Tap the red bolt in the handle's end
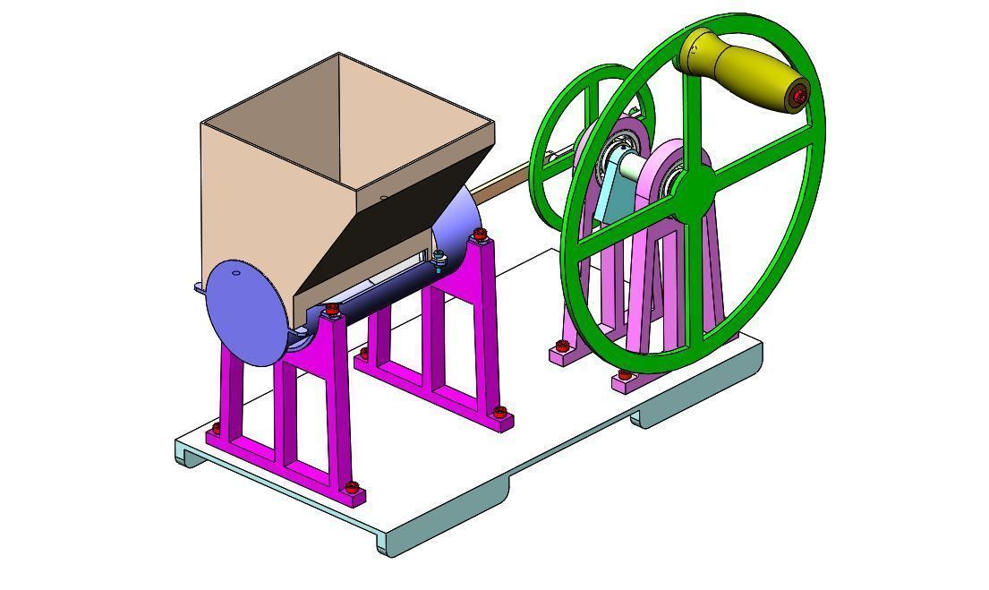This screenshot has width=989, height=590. tap(799, 93)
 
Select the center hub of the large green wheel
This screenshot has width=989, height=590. tap(693, 188)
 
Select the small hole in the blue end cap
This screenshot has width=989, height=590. tap(236, 274)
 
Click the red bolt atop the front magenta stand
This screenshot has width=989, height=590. tap(333, 310)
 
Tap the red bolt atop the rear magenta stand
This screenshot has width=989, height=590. tap(481, 236)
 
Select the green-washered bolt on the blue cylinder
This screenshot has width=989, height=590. tap(439, 258)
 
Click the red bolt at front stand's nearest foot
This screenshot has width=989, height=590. tap(353, 488)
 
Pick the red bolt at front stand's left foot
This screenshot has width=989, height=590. tap(215, 429)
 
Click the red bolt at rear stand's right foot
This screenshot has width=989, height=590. tap(500, 413)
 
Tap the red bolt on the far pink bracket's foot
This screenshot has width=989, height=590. tap(562, 346)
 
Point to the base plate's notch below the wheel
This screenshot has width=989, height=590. tap(662, 414)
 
